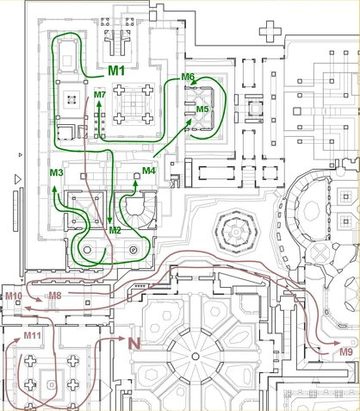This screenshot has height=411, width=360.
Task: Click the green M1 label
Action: pyautogui.click(x=117, y=70)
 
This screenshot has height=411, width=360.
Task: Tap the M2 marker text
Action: pyautogui.click(x=115, y=230)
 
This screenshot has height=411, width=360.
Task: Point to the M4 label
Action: pyautogui.click(x=149, y=171)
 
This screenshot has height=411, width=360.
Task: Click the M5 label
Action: pyautogui.click(x=202, y=109)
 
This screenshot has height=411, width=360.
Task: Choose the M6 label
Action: pyautogui.click(x=188, y=78)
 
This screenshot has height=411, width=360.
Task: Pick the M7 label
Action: pyautogui.click(x=99, y=94)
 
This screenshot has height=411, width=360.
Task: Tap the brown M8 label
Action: pyautogui.click(x=54, y=296)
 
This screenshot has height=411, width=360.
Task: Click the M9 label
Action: pyautogui.click(x=345, y=352)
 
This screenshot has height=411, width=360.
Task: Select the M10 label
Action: pyautogui.click(x=13, y=296)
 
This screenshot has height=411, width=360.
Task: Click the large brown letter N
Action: pyautogui.click(x=133, y=343)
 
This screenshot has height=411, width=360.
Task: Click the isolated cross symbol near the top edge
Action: pyautogui.click(x=274, y=32)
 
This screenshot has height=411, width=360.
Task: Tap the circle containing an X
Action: pyautogui.click(x=319, y=256)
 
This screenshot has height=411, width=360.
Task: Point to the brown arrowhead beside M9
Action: pyautogui.click(x=331, y=352)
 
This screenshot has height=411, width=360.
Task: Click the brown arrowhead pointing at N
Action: pyautogui.click(x=121, y=340)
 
